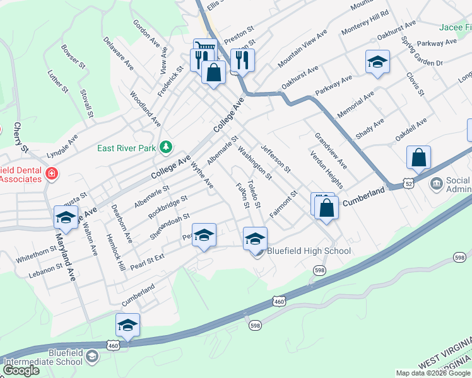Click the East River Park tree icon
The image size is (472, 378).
pos(166,147)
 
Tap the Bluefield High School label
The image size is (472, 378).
pos(309,251)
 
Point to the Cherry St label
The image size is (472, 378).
pos(20,136)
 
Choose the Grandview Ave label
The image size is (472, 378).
pos(331,150)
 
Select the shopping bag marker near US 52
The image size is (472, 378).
pos(418,157)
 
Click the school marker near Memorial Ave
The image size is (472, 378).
pos(377,62)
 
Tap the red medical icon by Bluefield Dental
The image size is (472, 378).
pos(51,173)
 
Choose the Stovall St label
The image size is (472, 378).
pos(86,103)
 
